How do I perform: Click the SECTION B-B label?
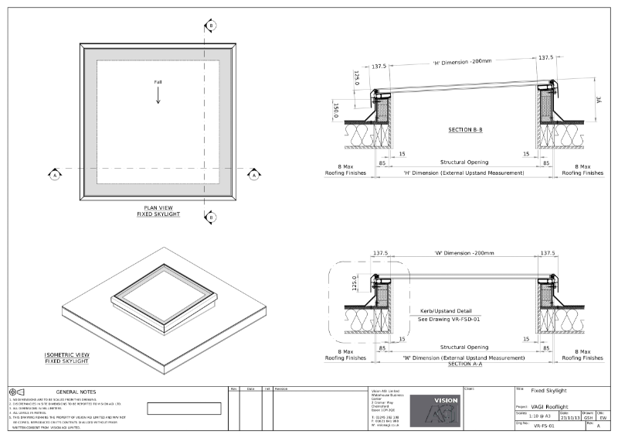[x=465, y=129]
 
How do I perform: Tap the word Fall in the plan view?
[x=158, y=82]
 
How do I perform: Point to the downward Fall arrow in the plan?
[x=158, y=95]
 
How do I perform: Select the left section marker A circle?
[x=55, y=175]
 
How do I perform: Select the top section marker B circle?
[x=209, y=26]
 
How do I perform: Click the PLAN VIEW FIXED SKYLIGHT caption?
[x=162, y=210]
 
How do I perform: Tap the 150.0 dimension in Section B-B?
[x=335, y=111]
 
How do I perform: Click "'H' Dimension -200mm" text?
[x=461, y=62]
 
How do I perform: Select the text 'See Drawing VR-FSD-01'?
[x=449, y=319]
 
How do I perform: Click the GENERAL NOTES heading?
[x=76, y=392]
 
